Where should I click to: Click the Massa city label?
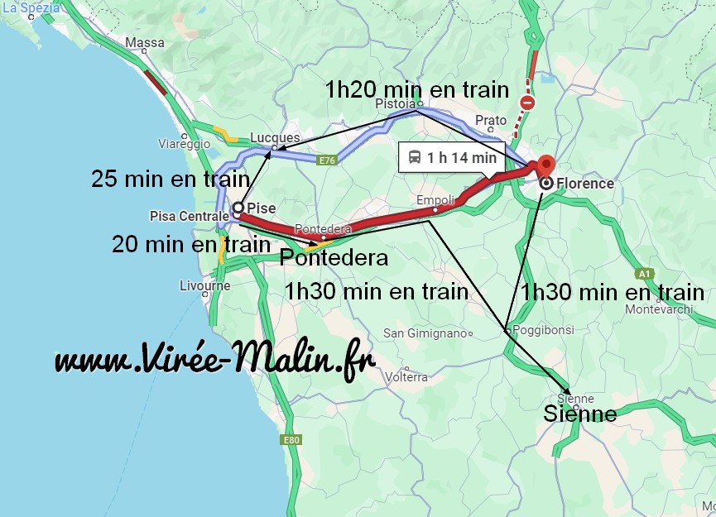(x=145, y=42)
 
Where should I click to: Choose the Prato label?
(x=491, y=121)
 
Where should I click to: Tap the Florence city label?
(x=585, y=184)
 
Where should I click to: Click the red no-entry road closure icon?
(x=527, y=103)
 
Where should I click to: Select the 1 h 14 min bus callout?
(x=452, y=157)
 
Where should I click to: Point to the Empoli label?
(x=435, y=200)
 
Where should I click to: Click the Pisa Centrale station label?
(x=188, y=216)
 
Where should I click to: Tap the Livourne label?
(x=204, y=286)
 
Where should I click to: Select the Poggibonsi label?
(x=543, y=328)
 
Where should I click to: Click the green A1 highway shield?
(x=646, y=273)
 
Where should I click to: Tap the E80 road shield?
(x=291, y=440)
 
